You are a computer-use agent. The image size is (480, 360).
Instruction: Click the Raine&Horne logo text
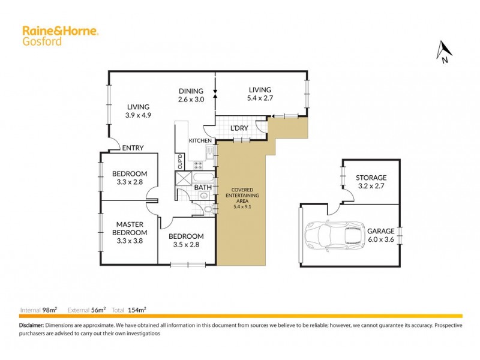60,31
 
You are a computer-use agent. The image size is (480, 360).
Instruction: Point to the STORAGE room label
371,178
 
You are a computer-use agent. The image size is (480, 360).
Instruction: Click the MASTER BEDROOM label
131,229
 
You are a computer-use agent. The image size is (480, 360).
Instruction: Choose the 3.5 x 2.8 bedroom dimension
185,245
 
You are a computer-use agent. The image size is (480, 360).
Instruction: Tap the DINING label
191,91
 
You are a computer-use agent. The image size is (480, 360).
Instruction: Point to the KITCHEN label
200,140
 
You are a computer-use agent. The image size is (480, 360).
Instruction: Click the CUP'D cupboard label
179,162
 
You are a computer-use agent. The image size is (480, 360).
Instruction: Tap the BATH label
202,187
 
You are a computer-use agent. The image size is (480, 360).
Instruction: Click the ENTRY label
132,148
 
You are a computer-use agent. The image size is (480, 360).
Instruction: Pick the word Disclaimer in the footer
31,325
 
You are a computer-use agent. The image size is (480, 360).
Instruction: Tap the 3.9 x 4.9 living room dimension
137,116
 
